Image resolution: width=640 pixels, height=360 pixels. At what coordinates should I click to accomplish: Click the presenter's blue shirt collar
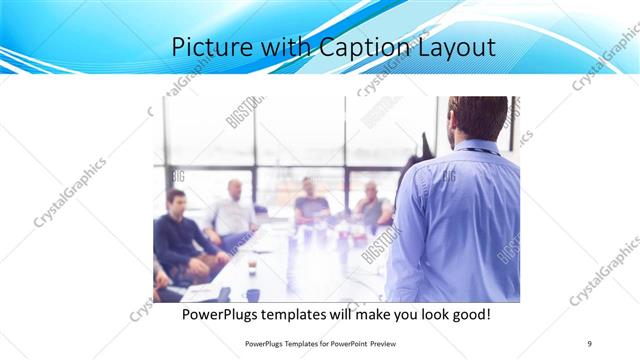tap(478, 148)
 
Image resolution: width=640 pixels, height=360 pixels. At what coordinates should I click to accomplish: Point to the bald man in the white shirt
tap(233, 211)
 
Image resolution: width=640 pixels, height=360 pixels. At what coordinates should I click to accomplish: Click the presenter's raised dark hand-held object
tap(426, 148)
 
